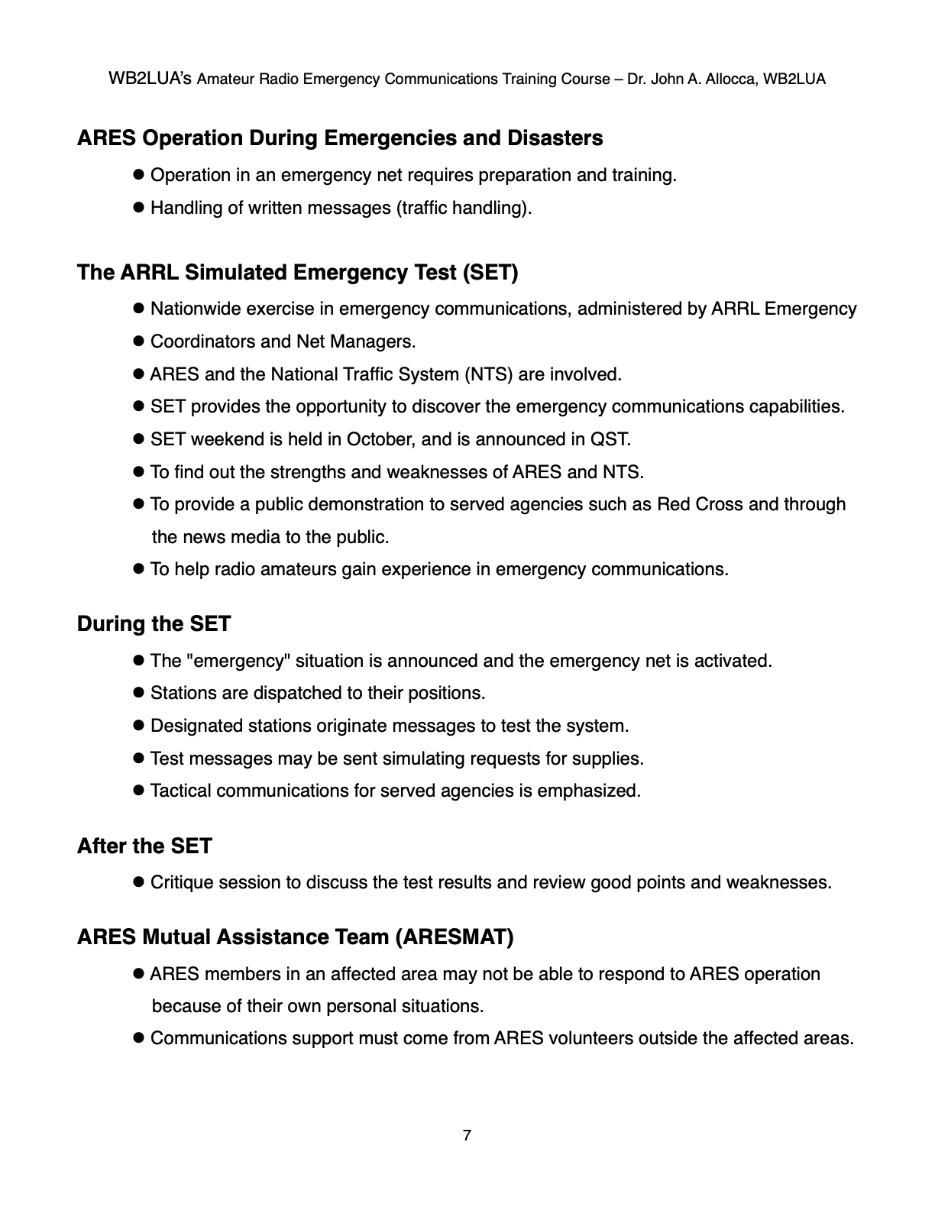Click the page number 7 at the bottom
pyautogui.click(x=467, y=1135)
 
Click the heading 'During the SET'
pyautogui.click(x=154, y=624)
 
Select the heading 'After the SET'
pyautogui.click(x=144, y=846)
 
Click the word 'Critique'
pyautogui.click(x=182, y=882)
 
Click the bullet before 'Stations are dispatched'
pyautogui.click(x=139, y=693)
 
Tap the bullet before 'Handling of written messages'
pyautogui.click(x=139, y=208)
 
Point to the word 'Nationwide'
pyautogui.click(x=194, y=309)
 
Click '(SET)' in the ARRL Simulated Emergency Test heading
pyautogui.click(x=490, y=273)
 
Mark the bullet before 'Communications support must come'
pyautogui.click(x=139, y=1038)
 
